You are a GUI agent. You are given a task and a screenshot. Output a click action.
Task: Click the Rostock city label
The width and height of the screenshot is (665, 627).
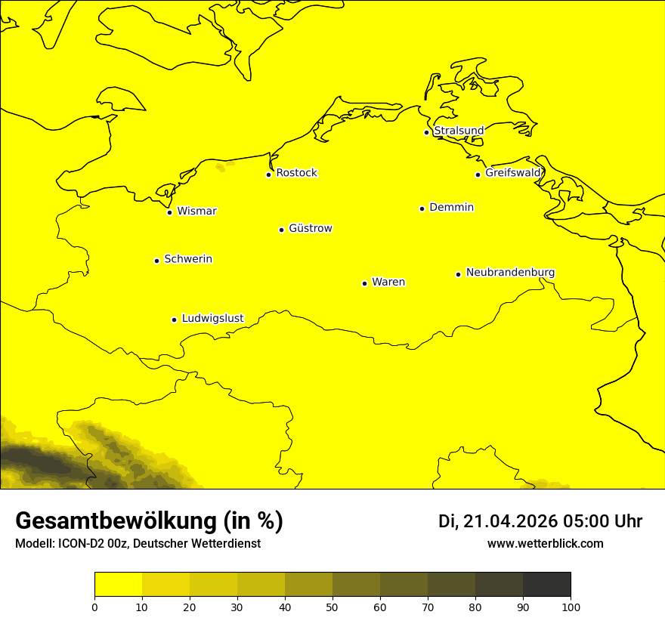[296, 173]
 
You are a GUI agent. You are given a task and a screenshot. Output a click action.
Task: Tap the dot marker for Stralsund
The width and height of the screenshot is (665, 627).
[426, 132]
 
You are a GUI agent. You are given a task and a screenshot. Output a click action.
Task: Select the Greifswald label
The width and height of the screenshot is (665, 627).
[512, 173]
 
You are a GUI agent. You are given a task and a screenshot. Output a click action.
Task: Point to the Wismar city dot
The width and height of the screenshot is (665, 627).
[170, 212]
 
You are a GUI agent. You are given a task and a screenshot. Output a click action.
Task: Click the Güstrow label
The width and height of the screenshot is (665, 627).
[310, 228]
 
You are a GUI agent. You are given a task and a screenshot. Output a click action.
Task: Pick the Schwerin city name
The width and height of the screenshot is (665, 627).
[188, 259]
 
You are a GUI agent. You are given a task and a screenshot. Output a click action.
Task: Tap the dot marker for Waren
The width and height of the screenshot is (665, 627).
[364, 283]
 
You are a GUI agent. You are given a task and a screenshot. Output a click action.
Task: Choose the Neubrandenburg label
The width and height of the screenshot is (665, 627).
[510, 272]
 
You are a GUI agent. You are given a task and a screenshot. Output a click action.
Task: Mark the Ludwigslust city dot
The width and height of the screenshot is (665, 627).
[174, 320]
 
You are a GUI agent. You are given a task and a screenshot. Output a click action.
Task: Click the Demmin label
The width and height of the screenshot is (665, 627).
[451, 207]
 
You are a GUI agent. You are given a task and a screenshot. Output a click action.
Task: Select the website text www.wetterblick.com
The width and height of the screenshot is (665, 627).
[545, 544]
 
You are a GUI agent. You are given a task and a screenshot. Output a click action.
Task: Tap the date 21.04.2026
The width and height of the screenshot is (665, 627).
[510, 521]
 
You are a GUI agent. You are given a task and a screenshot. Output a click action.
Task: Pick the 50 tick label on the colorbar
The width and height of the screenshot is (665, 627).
[332, 607]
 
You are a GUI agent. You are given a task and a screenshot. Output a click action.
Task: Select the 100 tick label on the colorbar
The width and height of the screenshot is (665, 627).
[571, 607]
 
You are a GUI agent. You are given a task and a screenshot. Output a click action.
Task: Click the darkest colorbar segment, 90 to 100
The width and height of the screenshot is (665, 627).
[546, 585]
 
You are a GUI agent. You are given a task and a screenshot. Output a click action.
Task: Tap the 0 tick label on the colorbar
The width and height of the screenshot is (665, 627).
[94, 607]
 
